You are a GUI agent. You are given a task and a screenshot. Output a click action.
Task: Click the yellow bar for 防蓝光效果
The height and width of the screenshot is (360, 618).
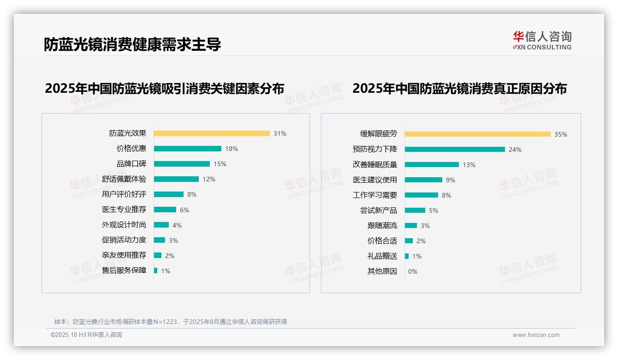tap(212, 133)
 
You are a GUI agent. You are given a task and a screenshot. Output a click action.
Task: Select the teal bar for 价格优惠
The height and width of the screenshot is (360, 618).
tap(188, 149)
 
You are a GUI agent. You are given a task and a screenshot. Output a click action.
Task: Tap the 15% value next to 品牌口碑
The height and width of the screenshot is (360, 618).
tap(220, 164)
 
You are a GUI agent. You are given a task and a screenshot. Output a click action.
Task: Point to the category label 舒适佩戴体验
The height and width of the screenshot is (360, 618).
tap(124, 179)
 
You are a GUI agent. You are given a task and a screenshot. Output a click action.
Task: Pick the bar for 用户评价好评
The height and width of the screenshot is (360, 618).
tap(169, 194)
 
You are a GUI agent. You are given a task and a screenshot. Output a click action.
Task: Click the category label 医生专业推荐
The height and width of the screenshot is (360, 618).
tap(124, 210)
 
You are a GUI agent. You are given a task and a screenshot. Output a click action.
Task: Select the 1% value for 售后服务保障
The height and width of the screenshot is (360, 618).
tap(166, 271)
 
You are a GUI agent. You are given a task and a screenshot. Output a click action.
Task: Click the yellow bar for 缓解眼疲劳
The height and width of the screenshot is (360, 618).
tap(478, 134)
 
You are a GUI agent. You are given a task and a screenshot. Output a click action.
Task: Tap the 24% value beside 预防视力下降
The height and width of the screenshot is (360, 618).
tap(515, 150)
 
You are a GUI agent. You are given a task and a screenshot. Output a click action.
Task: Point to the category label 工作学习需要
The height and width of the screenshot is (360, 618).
tap(375, 195)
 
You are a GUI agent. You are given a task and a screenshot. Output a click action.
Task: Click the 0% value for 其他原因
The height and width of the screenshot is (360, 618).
tap(413, 271)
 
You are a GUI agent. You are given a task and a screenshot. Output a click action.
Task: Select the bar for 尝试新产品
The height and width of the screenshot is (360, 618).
tap(415, 210)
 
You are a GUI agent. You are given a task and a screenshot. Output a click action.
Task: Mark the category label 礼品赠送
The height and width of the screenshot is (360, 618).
tap(382, 256)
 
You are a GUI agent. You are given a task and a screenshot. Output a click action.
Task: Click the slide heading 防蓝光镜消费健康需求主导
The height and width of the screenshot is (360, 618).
tap(132, 44)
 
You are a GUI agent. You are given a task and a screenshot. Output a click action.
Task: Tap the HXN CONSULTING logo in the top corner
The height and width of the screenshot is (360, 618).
tap(542, 41)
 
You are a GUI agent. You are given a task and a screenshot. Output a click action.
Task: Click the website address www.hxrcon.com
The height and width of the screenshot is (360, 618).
tap(536, 335)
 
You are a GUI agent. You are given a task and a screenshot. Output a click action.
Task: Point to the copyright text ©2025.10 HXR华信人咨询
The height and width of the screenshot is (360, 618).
tap(86, 335)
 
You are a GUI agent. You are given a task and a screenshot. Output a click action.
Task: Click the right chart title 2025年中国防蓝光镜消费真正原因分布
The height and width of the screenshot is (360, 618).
tap(459, 89)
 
